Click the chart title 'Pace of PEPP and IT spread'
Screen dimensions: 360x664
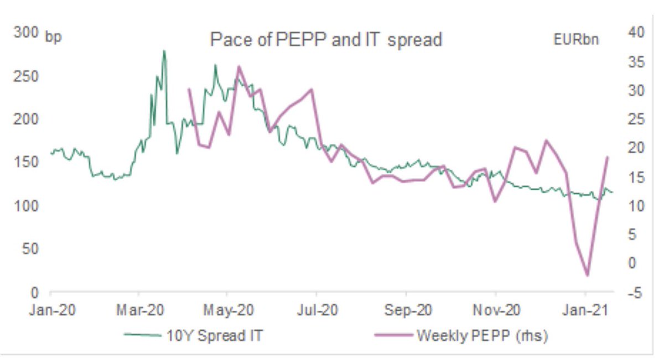(326, 40)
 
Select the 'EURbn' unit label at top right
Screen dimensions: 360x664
(575, 40)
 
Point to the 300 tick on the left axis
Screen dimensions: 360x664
(25, 34)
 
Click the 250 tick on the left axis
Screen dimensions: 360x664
(25, 76)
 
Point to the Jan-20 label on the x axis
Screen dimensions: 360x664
(50, 310)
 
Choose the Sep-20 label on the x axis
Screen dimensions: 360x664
(407, 310)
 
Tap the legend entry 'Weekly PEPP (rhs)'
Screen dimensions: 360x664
(481, 335)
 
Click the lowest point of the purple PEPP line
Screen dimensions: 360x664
(587, 275)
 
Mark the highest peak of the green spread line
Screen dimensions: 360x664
(164, 51)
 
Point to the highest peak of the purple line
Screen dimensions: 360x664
(238, 67)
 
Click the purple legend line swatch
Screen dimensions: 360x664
(393, 335)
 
